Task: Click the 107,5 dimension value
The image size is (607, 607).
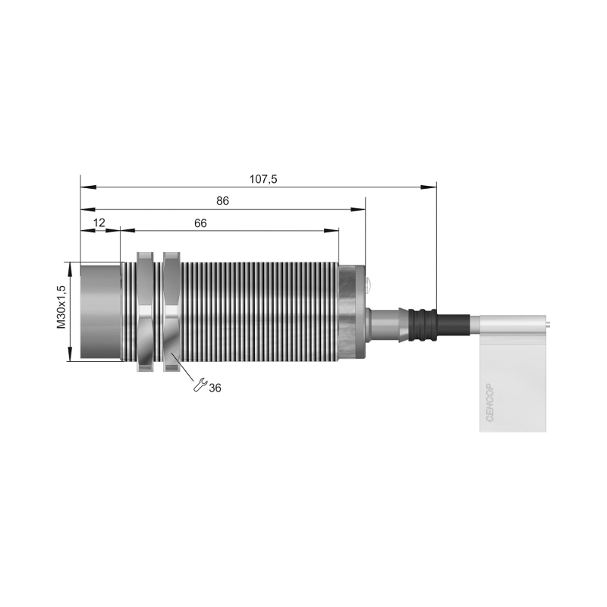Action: point(263,179)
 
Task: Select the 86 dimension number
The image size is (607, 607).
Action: point(222,201)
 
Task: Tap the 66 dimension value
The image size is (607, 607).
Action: point(200,223)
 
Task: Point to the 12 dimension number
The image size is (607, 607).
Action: point(99,222)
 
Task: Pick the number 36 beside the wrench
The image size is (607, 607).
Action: point(215,388)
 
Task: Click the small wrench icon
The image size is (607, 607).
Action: point(200,385)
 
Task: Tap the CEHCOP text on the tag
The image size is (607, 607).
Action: point(489,403)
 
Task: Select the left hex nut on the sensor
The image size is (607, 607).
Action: point(145,312)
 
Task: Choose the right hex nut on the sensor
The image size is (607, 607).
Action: point(171,312)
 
